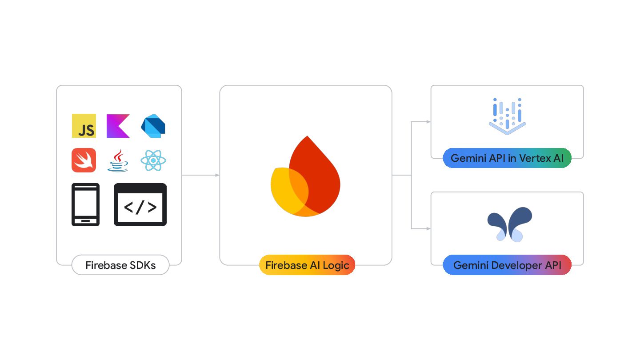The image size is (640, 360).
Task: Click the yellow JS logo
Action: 84,126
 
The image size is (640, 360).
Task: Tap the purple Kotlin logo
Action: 118,126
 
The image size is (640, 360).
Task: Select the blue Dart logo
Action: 153,126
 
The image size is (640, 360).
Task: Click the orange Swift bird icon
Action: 84,160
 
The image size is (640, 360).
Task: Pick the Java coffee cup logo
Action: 118,161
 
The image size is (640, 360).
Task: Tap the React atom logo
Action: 153,160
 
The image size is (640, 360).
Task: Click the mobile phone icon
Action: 86,204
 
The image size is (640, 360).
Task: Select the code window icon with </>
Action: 140,204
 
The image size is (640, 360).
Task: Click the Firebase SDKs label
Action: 120,265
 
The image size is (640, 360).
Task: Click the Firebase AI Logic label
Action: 307,265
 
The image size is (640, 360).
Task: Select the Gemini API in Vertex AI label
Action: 507,158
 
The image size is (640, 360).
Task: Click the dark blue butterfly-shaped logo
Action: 509,224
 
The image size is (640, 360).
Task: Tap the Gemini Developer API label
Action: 507,265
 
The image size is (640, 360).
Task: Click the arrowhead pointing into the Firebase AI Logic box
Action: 217,175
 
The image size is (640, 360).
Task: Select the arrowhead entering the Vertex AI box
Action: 428,122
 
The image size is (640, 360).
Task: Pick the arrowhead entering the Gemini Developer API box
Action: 428,228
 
